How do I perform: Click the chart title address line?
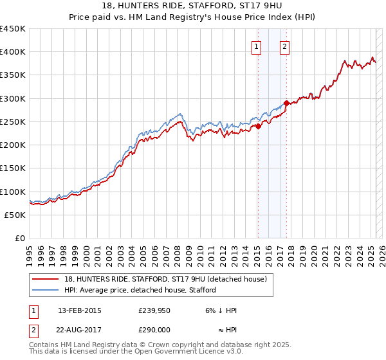pyautogui.click(x=192, y=6)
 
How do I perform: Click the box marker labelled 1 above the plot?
pyautogui.click(x=257, y=46)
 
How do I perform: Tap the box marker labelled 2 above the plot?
pyautogui.click(x=284, y=46)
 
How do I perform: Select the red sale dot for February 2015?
pyautogui.click(x=258, y=126)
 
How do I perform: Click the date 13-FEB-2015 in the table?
pyautogui.click(x=80, y=310)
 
